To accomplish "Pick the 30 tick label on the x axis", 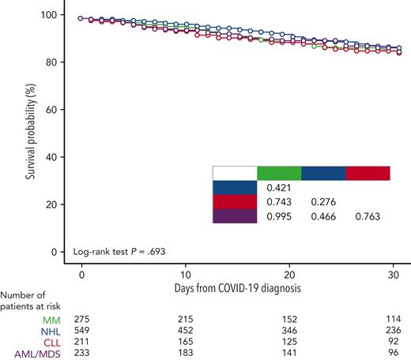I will pyautogui.click(x=394, y=268).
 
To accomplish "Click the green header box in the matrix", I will pyautogui.click(x=279, y=173).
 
